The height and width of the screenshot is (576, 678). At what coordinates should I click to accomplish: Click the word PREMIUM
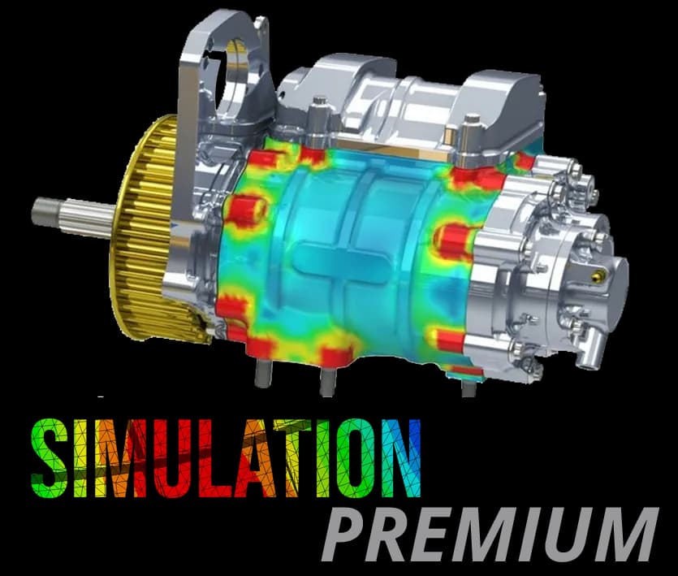[x=490, y=535]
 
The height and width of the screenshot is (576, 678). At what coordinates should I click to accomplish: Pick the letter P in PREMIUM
[x=346, y=535]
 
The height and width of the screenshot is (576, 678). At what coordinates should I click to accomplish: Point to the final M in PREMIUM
[x=623, y=535]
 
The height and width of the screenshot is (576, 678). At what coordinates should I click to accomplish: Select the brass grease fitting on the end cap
[x=598, y=275]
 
